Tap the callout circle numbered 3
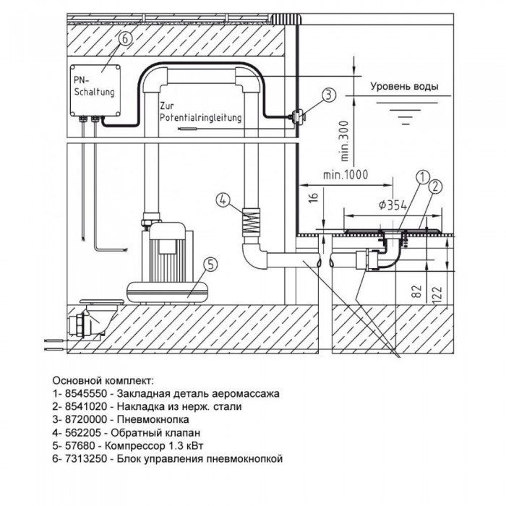click(327, 95)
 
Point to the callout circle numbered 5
click(207, 265)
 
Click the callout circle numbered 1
click(423, 175)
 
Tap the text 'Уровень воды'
click(404, 87)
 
